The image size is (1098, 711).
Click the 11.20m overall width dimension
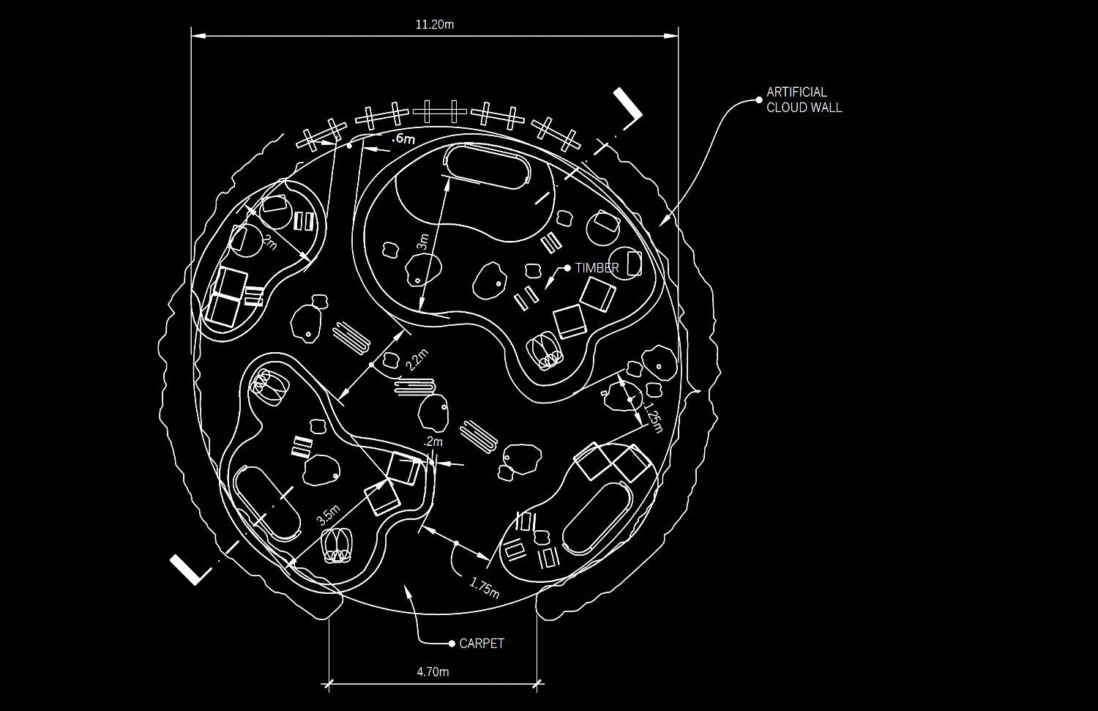pos(434,24)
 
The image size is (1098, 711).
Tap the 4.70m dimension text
pos(433,671)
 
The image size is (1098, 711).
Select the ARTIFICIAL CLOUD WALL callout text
pos(804,100)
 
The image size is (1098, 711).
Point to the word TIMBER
pos(597,268)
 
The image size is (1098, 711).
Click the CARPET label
pos(482,644)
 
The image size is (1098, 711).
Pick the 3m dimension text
pos(424,242)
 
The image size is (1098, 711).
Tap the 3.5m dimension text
pos(328,515)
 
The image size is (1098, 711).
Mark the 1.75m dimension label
pos(485,587)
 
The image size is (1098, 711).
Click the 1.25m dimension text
pos(652,417)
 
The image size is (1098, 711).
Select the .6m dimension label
pos(403,138)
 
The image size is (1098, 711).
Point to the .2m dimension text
pos(433,442)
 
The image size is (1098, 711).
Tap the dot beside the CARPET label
pos(452,644)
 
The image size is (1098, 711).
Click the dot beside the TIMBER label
pos(567,268)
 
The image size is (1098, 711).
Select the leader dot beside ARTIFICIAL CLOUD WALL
pos(759,100)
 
